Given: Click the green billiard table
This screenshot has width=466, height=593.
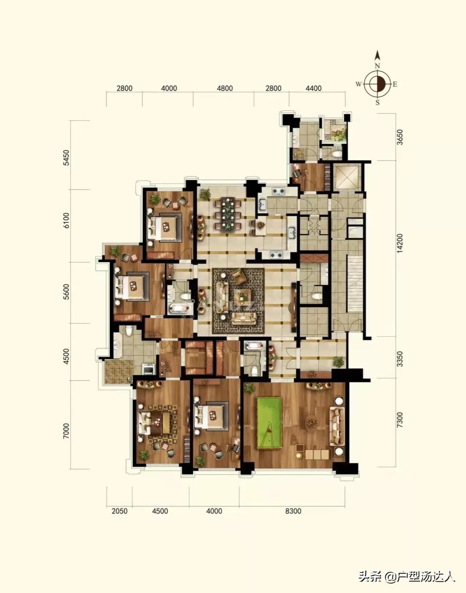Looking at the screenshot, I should pyautogui.click(x=269, y=423).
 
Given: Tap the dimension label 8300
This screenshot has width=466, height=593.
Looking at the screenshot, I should pyautogui.click(x=293, y=511).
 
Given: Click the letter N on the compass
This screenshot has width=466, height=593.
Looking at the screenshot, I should pyautogui.click(x=377, y=66).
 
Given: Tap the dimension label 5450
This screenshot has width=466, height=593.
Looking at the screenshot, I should pyautogui.click(x=66, y=158).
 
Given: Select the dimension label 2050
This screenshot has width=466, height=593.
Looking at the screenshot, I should pyautogui.click(x=120, y=511).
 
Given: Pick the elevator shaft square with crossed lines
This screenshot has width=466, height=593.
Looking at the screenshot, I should pyautogui.click(x=347, y=177).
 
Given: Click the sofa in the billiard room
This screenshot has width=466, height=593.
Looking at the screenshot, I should pyautogui.click(x=337, y=426).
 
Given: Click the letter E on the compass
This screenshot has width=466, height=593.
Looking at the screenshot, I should pyautogui.click(x=395, y=84).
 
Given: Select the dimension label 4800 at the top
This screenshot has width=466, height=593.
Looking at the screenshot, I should pyautogui.click(x=224, y=88).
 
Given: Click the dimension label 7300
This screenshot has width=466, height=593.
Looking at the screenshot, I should pyautogui.click(x=400, y=419).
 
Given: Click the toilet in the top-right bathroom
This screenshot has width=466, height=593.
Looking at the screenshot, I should pyautogui.click(x=337, y=154).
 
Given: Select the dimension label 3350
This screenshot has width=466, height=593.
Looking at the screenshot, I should pyautogui.click(x=400, y=359).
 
